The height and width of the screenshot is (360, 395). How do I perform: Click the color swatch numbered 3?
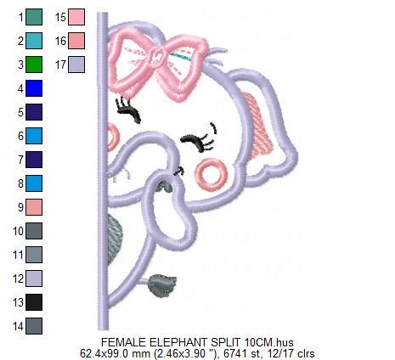[34, 65]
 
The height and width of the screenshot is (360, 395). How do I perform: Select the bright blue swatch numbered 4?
[34, 88]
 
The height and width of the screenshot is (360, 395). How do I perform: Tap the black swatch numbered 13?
[34, 302]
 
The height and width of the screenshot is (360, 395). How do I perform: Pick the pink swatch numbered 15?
[76, 17]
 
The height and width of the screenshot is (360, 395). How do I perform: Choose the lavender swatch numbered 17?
[76, 65]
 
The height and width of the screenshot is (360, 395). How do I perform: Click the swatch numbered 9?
[34, 207]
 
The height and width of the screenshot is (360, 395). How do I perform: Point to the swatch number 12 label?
[19, 278]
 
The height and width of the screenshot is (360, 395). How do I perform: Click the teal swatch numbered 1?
[34, 17]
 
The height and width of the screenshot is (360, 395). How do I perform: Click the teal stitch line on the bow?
[181, 57]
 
